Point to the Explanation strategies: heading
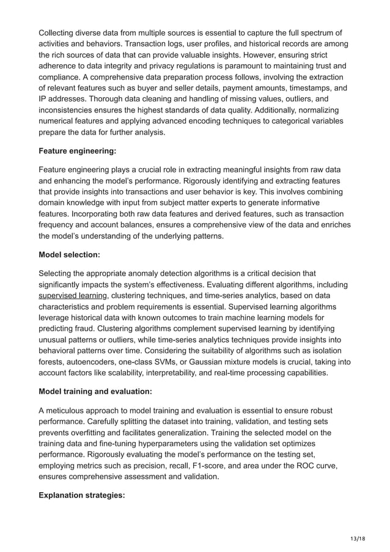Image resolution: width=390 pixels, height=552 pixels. pyautogui.click(x=81, y=495)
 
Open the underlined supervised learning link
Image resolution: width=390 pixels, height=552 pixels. pyautogui.click(x=73, y=296)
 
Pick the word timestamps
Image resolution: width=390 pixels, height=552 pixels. pyautogui.click(x=311, y=87)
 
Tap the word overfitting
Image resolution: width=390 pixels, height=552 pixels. pyautogui.click(x=83, y=432)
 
